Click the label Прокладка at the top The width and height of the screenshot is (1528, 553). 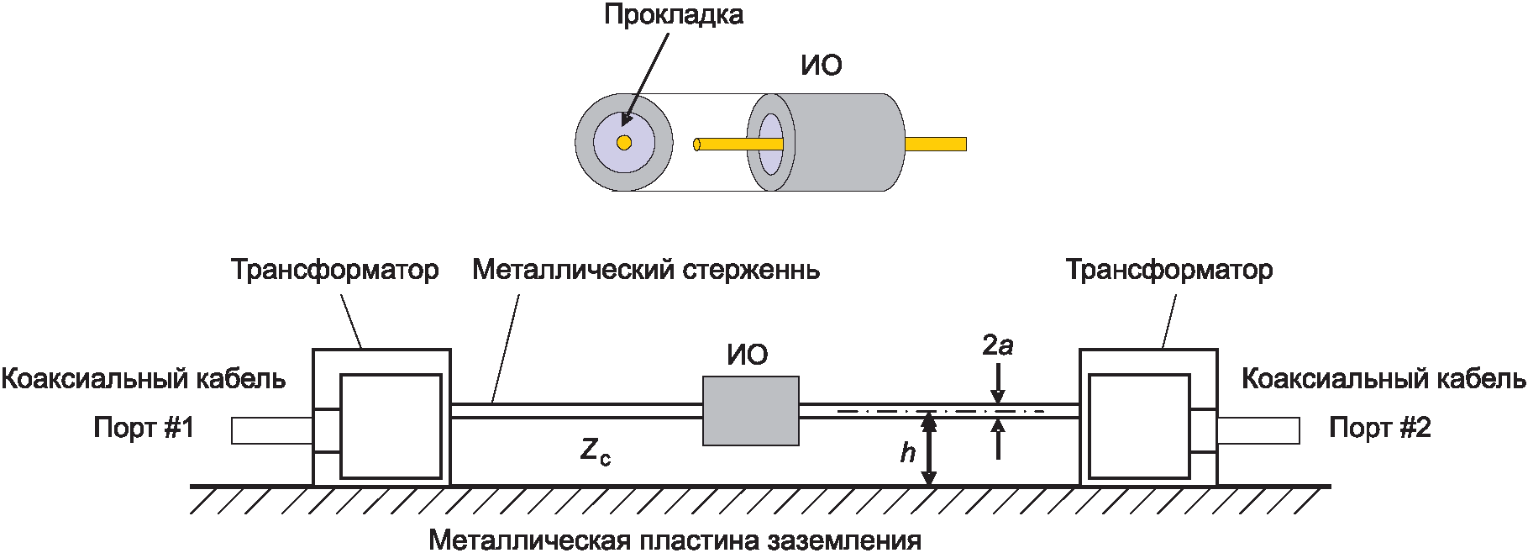click(674, 15)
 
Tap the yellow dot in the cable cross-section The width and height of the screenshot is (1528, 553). click(623, 143)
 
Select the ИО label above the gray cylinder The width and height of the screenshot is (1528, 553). click(821, 66)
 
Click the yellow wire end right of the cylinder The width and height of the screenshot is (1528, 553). click(936, 144)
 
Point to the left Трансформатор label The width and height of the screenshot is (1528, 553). click(334, 270)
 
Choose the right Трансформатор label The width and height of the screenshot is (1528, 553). click(1168, 270)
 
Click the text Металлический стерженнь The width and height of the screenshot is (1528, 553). click(646, 270)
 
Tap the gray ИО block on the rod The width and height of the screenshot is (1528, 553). click(750, 411)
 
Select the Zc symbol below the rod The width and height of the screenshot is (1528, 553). click(595, 452)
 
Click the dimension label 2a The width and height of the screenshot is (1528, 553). click(997, 345)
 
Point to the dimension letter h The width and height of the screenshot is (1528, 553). click(907, 453)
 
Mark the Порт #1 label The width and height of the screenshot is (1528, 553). click(144, 428)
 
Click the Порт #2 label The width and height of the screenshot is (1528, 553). click(1379, 428)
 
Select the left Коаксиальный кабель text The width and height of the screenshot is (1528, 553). click(143, 379)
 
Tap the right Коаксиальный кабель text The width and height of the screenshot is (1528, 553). click(1384, 379)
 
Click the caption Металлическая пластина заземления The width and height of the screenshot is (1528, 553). click(675, 540)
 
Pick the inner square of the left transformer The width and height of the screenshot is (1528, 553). click(391, 427)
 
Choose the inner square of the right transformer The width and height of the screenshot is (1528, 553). click(1139, 427)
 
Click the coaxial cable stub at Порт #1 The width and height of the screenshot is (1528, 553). click(272, 431)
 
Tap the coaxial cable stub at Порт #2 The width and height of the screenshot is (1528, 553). click(1258, 431)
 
